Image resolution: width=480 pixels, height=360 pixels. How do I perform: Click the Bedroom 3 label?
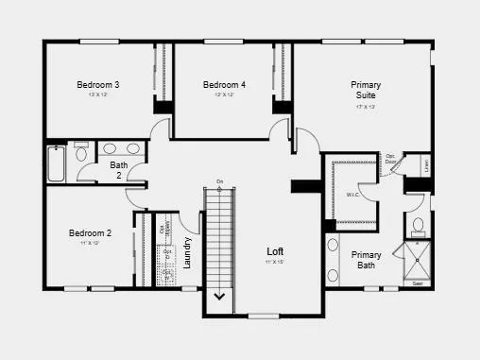point(104,85)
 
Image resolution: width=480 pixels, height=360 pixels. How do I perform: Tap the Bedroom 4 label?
point(224,85)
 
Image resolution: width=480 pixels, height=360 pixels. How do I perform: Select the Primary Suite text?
point(366,90)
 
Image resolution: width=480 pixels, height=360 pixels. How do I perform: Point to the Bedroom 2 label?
point(90,232)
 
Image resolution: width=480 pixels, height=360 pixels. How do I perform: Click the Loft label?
point(275,250)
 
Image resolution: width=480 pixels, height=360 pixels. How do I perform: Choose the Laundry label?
point(188,251)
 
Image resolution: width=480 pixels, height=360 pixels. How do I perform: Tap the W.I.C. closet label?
point(353,196)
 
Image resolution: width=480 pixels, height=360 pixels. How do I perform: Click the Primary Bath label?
point(367,260)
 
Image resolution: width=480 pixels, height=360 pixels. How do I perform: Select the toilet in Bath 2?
point(81,153)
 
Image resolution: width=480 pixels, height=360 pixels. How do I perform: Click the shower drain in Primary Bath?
point(417,263)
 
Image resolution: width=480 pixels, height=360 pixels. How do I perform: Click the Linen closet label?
point(426,165)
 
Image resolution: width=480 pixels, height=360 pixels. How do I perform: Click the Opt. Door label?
point(390,159)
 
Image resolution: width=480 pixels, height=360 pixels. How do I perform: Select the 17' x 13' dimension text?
point(366,107)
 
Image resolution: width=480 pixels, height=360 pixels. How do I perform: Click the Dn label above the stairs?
point(219,181)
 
